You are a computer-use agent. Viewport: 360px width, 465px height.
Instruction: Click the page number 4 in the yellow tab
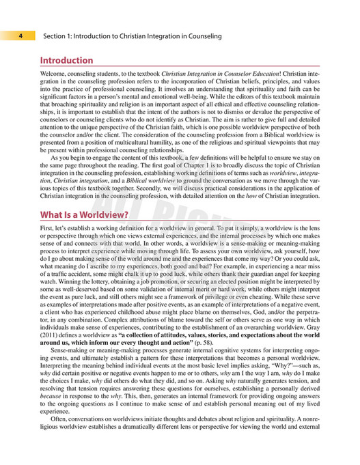click(22, 36)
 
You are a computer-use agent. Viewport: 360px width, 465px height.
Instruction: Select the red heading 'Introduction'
click(66, 60)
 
